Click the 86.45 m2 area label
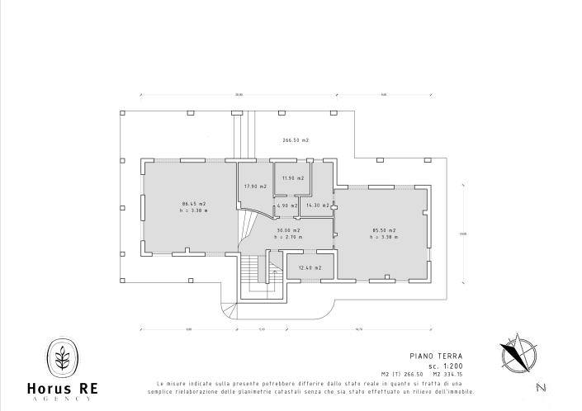[x=194, y=203]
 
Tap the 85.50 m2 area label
[x=384, y=229]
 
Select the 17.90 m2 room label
[x=256, y=187]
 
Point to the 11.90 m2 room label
[x=293, y=178]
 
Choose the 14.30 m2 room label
[x=318, y=205]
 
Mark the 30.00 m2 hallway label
[x=289, y=230]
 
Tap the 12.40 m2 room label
[x=311, y=267]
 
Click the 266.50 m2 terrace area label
[x=295, y=140]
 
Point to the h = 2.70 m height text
[x=289, y=238]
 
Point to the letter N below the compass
[x=540, y=387]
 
